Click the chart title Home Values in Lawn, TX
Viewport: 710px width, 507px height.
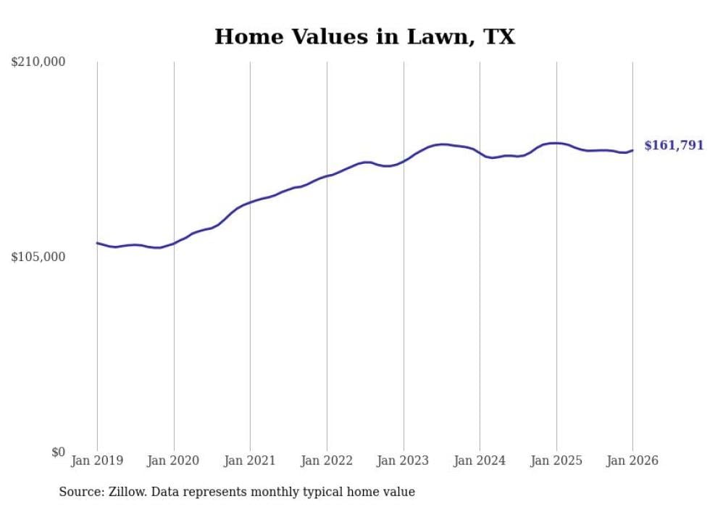click(364, 37)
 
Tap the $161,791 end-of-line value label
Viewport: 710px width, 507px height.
click(674, 146)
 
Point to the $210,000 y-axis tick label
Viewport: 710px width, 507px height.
click(38, 62)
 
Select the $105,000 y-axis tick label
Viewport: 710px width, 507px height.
click(38, 257)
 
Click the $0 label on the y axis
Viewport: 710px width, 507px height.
click(58, 453)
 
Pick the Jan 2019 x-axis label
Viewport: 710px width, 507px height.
click(97, 461)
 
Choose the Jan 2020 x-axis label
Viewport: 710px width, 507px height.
click(173, 461)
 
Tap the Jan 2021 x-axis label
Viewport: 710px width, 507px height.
click(250, 461)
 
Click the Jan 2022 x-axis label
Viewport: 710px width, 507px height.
click(327, 461)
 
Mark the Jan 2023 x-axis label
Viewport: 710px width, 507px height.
click(403, 461)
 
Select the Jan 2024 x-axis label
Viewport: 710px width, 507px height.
click(480, 461)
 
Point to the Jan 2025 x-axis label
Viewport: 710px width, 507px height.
click(556, 461)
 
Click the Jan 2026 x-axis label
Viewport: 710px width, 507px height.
click(632, 461)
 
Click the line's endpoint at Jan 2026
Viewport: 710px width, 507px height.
click(632, 150)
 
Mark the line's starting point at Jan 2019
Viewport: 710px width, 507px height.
click(97, 243)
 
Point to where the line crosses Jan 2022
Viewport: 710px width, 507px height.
click(327, 176)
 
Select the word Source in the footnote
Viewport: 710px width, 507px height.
click(80, 492)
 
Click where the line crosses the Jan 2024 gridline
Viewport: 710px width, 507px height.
click(480, 153)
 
